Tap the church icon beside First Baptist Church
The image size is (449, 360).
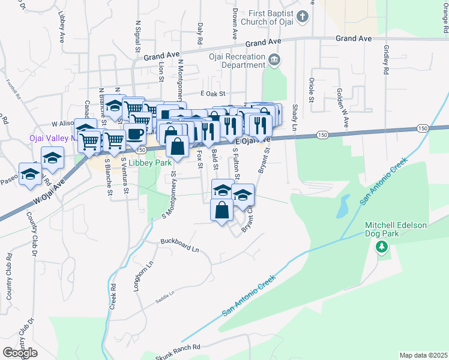coord(303,17)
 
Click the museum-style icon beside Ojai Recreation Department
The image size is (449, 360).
coord(274,59)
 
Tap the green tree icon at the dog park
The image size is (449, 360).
coord(381,247)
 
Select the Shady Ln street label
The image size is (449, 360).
coord(295,117)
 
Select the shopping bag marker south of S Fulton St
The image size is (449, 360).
coord(221,211)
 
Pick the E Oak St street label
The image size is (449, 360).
coord(212,94)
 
